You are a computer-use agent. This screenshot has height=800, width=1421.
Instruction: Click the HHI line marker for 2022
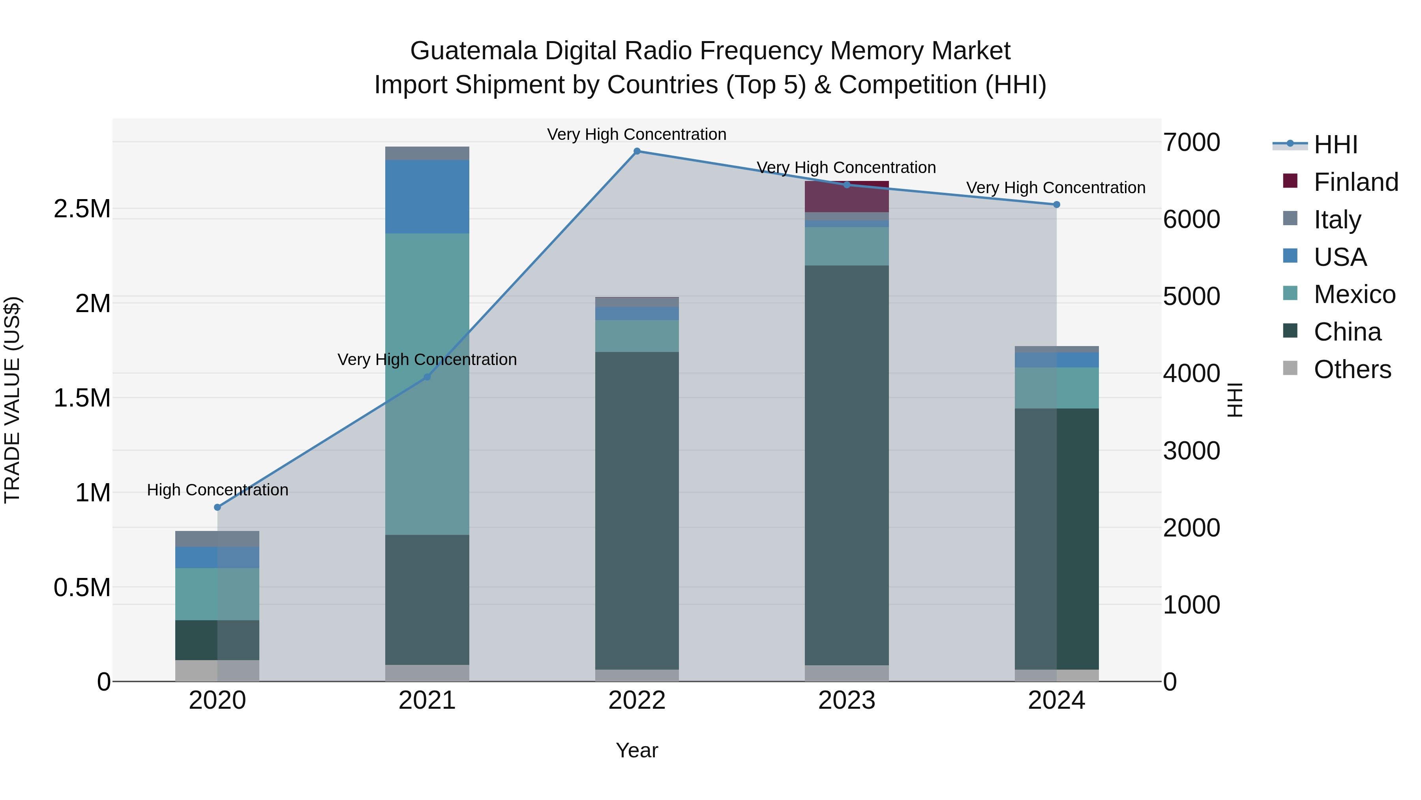[x=637, y=151]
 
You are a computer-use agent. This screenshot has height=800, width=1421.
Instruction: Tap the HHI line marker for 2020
[x=217, y=507]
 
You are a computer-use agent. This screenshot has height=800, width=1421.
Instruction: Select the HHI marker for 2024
[x=1056, y=205]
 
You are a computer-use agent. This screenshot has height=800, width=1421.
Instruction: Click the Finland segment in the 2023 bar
[x=846, y=197]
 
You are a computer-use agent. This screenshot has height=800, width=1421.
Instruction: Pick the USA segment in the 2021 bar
[x=427, y=197]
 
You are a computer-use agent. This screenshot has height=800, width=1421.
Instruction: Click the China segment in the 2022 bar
[x=637, y=511]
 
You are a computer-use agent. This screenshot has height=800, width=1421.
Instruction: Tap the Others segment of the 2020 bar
[x=217, y=671]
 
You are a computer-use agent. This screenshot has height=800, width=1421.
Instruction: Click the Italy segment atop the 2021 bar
[x=427, y=154]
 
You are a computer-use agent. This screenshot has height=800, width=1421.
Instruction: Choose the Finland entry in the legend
[x=1355, y=182]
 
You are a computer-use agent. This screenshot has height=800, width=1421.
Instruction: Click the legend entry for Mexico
[x=1354, y=295]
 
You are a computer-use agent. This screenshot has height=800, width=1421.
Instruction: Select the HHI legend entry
[x=1335, y=145]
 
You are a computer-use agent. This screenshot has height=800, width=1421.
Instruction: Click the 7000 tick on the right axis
[x=1192, y=143]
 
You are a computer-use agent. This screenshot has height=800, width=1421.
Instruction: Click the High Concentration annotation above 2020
[x=217, y=490]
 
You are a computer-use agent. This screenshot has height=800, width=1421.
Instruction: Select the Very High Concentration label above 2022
[x=637, y=134]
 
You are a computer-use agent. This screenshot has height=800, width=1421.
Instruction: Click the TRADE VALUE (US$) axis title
[x=12, y=400]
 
